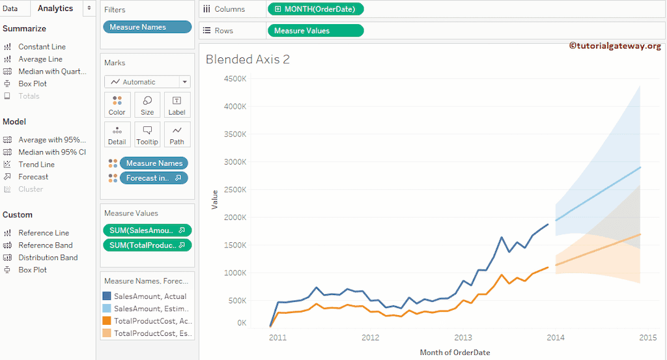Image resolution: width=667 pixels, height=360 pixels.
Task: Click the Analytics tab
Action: pos(55,8)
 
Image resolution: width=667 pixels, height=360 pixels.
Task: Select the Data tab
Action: pos(10,8)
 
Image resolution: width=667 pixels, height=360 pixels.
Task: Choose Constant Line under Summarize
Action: pos(42,47)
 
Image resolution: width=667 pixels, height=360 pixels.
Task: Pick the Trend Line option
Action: pos(36,165)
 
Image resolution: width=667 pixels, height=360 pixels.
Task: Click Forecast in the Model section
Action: pos(33,177)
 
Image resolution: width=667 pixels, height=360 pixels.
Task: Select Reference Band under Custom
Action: pos(45,245)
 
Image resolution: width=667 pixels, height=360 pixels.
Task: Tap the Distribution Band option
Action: pos(48,258)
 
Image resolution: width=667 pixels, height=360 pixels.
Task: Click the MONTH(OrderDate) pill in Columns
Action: pos(315,9)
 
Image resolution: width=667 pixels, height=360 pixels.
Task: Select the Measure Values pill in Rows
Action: pos(315,31)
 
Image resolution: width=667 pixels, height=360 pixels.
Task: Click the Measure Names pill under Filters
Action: pos(147,27)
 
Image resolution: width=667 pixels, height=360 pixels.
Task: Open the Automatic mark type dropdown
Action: pos(147,82)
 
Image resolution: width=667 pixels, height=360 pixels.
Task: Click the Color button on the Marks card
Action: pos(117,105)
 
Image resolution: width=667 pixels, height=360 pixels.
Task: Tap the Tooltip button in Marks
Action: pos(147,135)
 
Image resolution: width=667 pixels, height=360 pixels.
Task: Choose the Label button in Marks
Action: pos(177,105)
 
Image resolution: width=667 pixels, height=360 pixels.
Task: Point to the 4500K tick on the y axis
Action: pos(234,79)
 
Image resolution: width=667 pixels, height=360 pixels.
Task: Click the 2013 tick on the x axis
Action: pos(463,338)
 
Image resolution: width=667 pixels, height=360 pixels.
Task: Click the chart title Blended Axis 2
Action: pos(248,60)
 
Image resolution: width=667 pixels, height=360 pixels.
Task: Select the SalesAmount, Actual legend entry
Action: pos(150,296)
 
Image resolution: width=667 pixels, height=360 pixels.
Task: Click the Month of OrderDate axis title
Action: pos(455,352)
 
